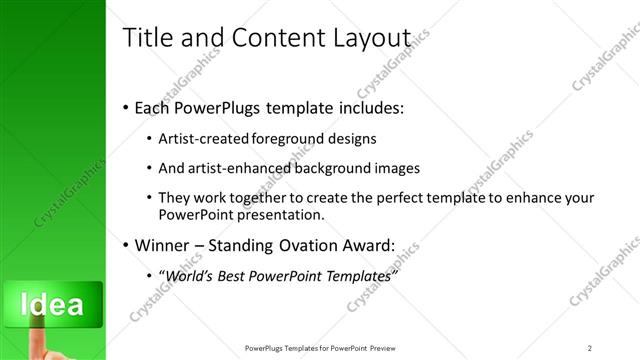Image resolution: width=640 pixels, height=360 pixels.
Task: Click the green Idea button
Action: coord(51,303)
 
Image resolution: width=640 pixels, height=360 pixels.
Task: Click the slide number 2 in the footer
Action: coord(590,348)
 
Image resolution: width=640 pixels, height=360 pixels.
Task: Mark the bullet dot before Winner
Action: coord(124,245)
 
